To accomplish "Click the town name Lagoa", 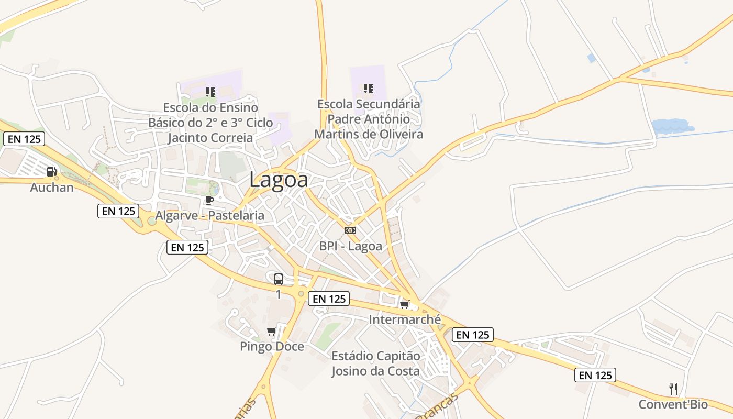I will [279, 180].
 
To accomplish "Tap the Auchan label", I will [52, 187].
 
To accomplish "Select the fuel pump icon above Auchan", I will [51, 171].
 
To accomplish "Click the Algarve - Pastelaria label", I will [209, 215].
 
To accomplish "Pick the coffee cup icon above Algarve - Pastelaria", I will [209, 200].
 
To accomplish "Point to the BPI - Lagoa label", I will [350, 246].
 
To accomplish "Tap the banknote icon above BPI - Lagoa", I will [350, 230].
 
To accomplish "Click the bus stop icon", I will [279, 279].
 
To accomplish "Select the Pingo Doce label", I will [272, 346].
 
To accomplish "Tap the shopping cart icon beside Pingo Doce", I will [271, 331].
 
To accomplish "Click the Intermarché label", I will [405, 319].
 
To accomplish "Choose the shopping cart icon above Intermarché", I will [404, 304].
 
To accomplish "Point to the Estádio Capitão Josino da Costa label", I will [375, 363].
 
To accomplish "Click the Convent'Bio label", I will [673, 404].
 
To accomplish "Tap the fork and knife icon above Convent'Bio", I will [673, 389].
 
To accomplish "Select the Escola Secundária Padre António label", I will [369, 112].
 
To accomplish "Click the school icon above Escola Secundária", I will [369, 89].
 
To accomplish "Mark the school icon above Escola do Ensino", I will [210, 92].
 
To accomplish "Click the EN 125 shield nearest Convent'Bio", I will [595, 375].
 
